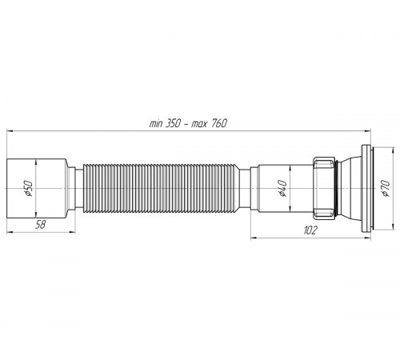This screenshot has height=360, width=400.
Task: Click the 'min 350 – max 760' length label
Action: pos(188,123)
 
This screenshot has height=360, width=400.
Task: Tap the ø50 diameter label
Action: pos(28,189)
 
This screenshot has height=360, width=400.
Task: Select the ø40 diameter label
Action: pos(282,189)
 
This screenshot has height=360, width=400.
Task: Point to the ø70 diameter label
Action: pos(386,188)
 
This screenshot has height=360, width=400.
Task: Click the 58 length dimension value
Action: pos(41,225)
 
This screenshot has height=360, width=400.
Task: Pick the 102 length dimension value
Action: pos(310,230)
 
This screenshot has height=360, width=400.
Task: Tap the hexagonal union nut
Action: pos(323,188)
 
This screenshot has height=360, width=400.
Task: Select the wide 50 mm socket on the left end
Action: pos(37,189)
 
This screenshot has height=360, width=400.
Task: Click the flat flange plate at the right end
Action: pos(366,188)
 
